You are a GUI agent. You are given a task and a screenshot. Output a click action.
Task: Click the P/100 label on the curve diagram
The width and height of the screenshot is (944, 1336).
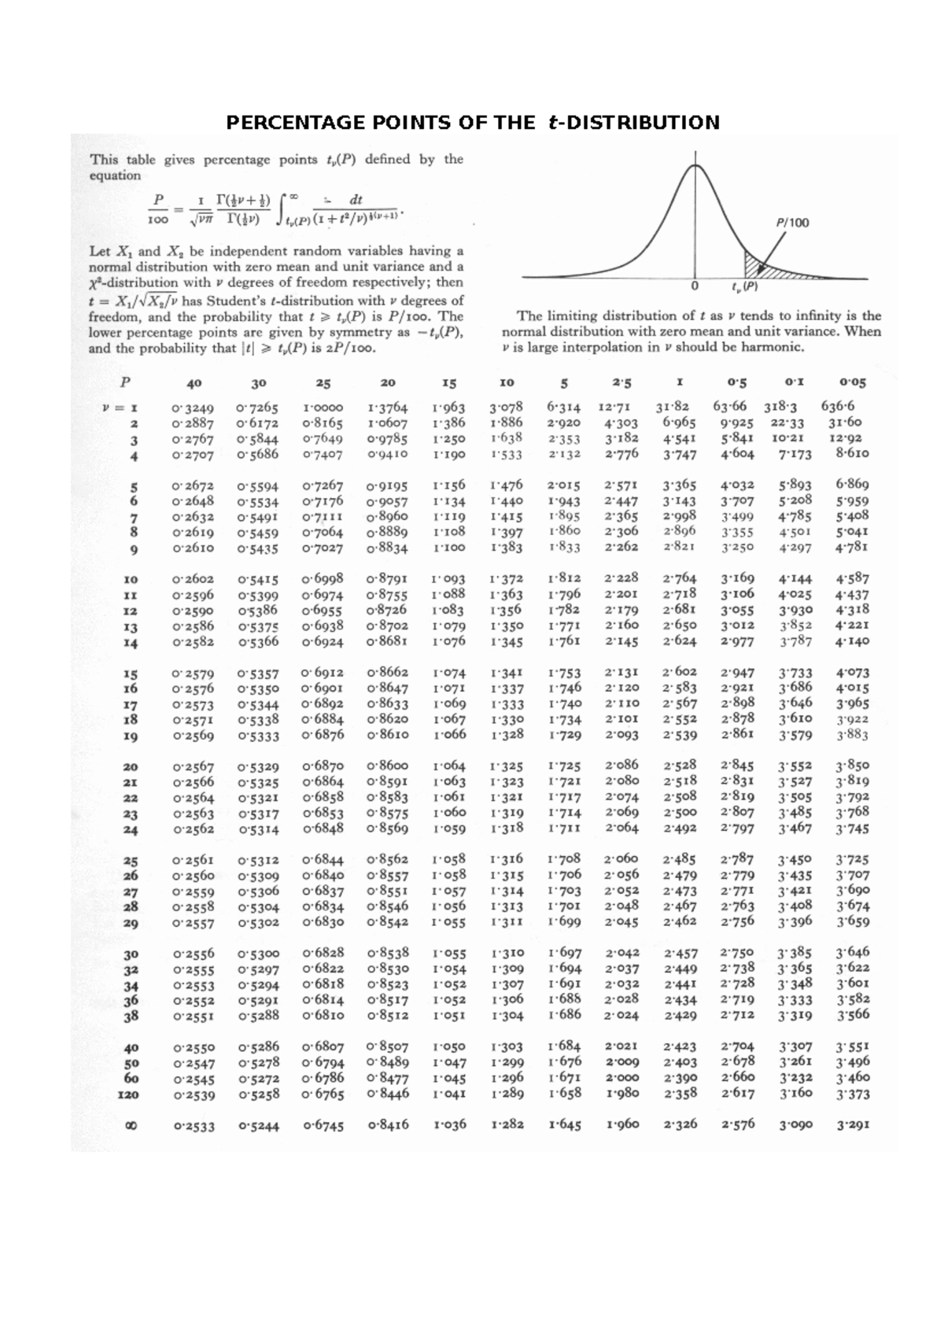click(792, 223)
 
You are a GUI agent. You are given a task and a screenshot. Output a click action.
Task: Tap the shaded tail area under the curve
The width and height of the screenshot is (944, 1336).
click(758, 267)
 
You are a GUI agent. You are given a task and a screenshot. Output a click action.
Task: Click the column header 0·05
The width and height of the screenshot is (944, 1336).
click(852, 382)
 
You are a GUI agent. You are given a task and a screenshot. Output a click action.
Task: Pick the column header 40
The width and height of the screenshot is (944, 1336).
click(194, 383)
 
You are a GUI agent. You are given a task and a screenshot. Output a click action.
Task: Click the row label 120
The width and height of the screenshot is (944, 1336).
click(127, 1094)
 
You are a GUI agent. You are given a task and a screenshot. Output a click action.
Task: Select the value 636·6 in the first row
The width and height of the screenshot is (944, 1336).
click(838, 407)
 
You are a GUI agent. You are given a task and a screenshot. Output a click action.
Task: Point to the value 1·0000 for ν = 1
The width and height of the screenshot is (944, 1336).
click(323, 408)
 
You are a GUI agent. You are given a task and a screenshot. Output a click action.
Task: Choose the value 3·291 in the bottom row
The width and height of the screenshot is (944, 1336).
click(853, 1124)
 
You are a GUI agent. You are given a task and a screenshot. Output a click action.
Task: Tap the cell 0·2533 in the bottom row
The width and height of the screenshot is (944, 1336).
click(194, 1126)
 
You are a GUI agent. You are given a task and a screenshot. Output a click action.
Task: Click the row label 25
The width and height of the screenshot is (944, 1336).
click(131, 861)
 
